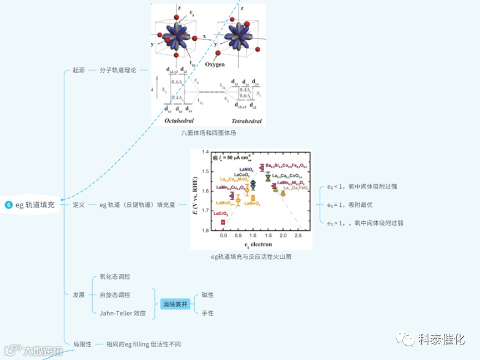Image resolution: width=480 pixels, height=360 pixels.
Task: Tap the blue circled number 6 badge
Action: pos(8,205)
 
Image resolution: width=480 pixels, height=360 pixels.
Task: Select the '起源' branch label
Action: pos(79,70)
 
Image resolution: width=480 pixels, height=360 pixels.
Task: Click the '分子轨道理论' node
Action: pos(118,70)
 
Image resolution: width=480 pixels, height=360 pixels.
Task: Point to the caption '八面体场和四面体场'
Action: pos(208,133)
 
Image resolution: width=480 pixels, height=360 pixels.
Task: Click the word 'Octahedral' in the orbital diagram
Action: pos(179,120)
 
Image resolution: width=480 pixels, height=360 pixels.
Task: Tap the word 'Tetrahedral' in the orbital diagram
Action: pos(246,120)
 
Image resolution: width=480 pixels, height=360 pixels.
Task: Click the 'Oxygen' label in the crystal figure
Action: pos(215,65)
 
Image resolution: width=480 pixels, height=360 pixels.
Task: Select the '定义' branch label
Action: pos(79,205)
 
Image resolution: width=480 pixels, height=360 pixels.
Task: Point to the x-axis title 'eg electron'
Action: pos(258,245)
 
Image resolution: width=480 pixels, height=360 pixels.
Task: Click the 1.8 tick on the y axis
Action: pos(205,231)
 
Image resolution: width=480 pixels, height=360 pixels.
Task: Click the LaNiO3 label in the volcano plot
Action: pos(247,169)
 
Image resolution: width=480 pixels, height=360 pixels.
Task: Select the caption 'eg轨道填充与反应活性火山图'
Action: pos(251,257)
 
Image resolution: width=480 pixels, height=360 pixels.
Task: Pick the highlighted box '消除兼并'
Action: pos(175,304)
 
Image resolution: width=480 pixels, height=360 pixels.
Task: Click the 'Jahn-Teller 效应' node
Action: pos(123,313)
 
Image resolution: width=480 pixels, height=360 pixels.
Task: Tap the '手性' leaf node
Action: pos(208,313)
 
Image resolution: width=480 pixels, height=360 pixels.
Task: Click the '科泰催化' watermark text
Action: pos(441,339)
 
